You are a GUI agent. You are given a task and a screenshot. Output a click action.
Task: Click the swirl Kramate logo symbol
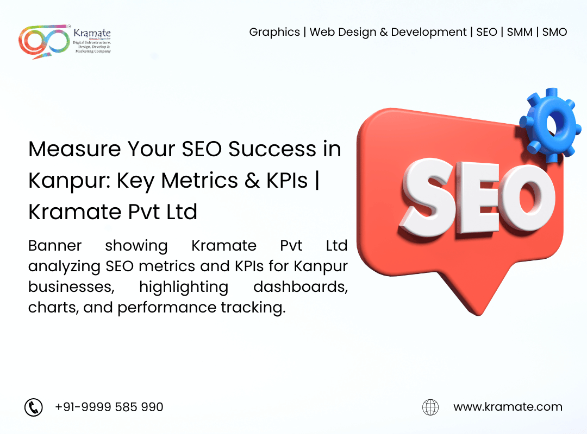pos(44,41)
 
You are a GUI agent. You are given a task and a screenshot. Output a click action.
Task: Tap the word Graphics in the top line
pos(274,32)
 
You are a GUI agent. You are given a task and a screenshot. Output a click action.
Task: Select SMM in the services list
pos(520,32)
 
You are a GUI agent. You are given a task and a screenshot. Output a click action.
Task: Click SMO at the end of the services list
pos(554,32)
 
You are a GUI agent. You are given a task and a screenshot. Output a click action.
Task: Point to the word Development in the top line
pos(429,32)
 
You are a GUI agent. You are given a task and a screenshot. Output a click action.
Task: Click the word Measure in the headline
pos(74,149)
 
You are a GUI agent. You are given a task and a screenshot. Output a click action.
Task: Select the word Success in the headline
pos(272,149)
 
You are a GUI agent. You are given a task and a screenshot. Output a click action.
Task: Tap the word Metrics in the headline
pos(199,180)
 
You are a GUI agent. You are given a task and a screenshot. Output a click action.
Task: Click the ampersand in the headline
pos(252,180)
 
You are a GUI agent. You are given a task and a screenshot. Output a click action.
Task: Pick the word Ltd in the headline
pos(182,212)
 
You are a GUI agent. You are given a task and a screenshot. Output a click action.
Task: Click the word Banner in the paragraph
pos(55,246)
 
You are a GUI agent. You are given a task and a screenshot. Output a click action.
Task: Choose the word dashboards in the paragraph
pos(301,287)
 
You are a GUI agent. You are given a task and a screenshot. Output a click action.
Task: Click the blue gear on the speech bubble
pos(550,125)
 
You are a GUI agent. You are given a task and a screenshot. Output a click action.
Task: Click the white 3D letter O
pos(528,198)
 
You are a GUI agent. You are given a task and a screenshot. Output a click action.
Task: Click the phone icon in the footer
pos(34,407)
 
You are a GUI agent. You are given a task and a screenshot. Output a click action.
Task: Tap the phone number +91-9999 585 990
pos(109,407)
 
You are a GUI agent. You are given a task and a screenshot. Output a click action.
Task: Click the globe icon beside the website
pos(430,407)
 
